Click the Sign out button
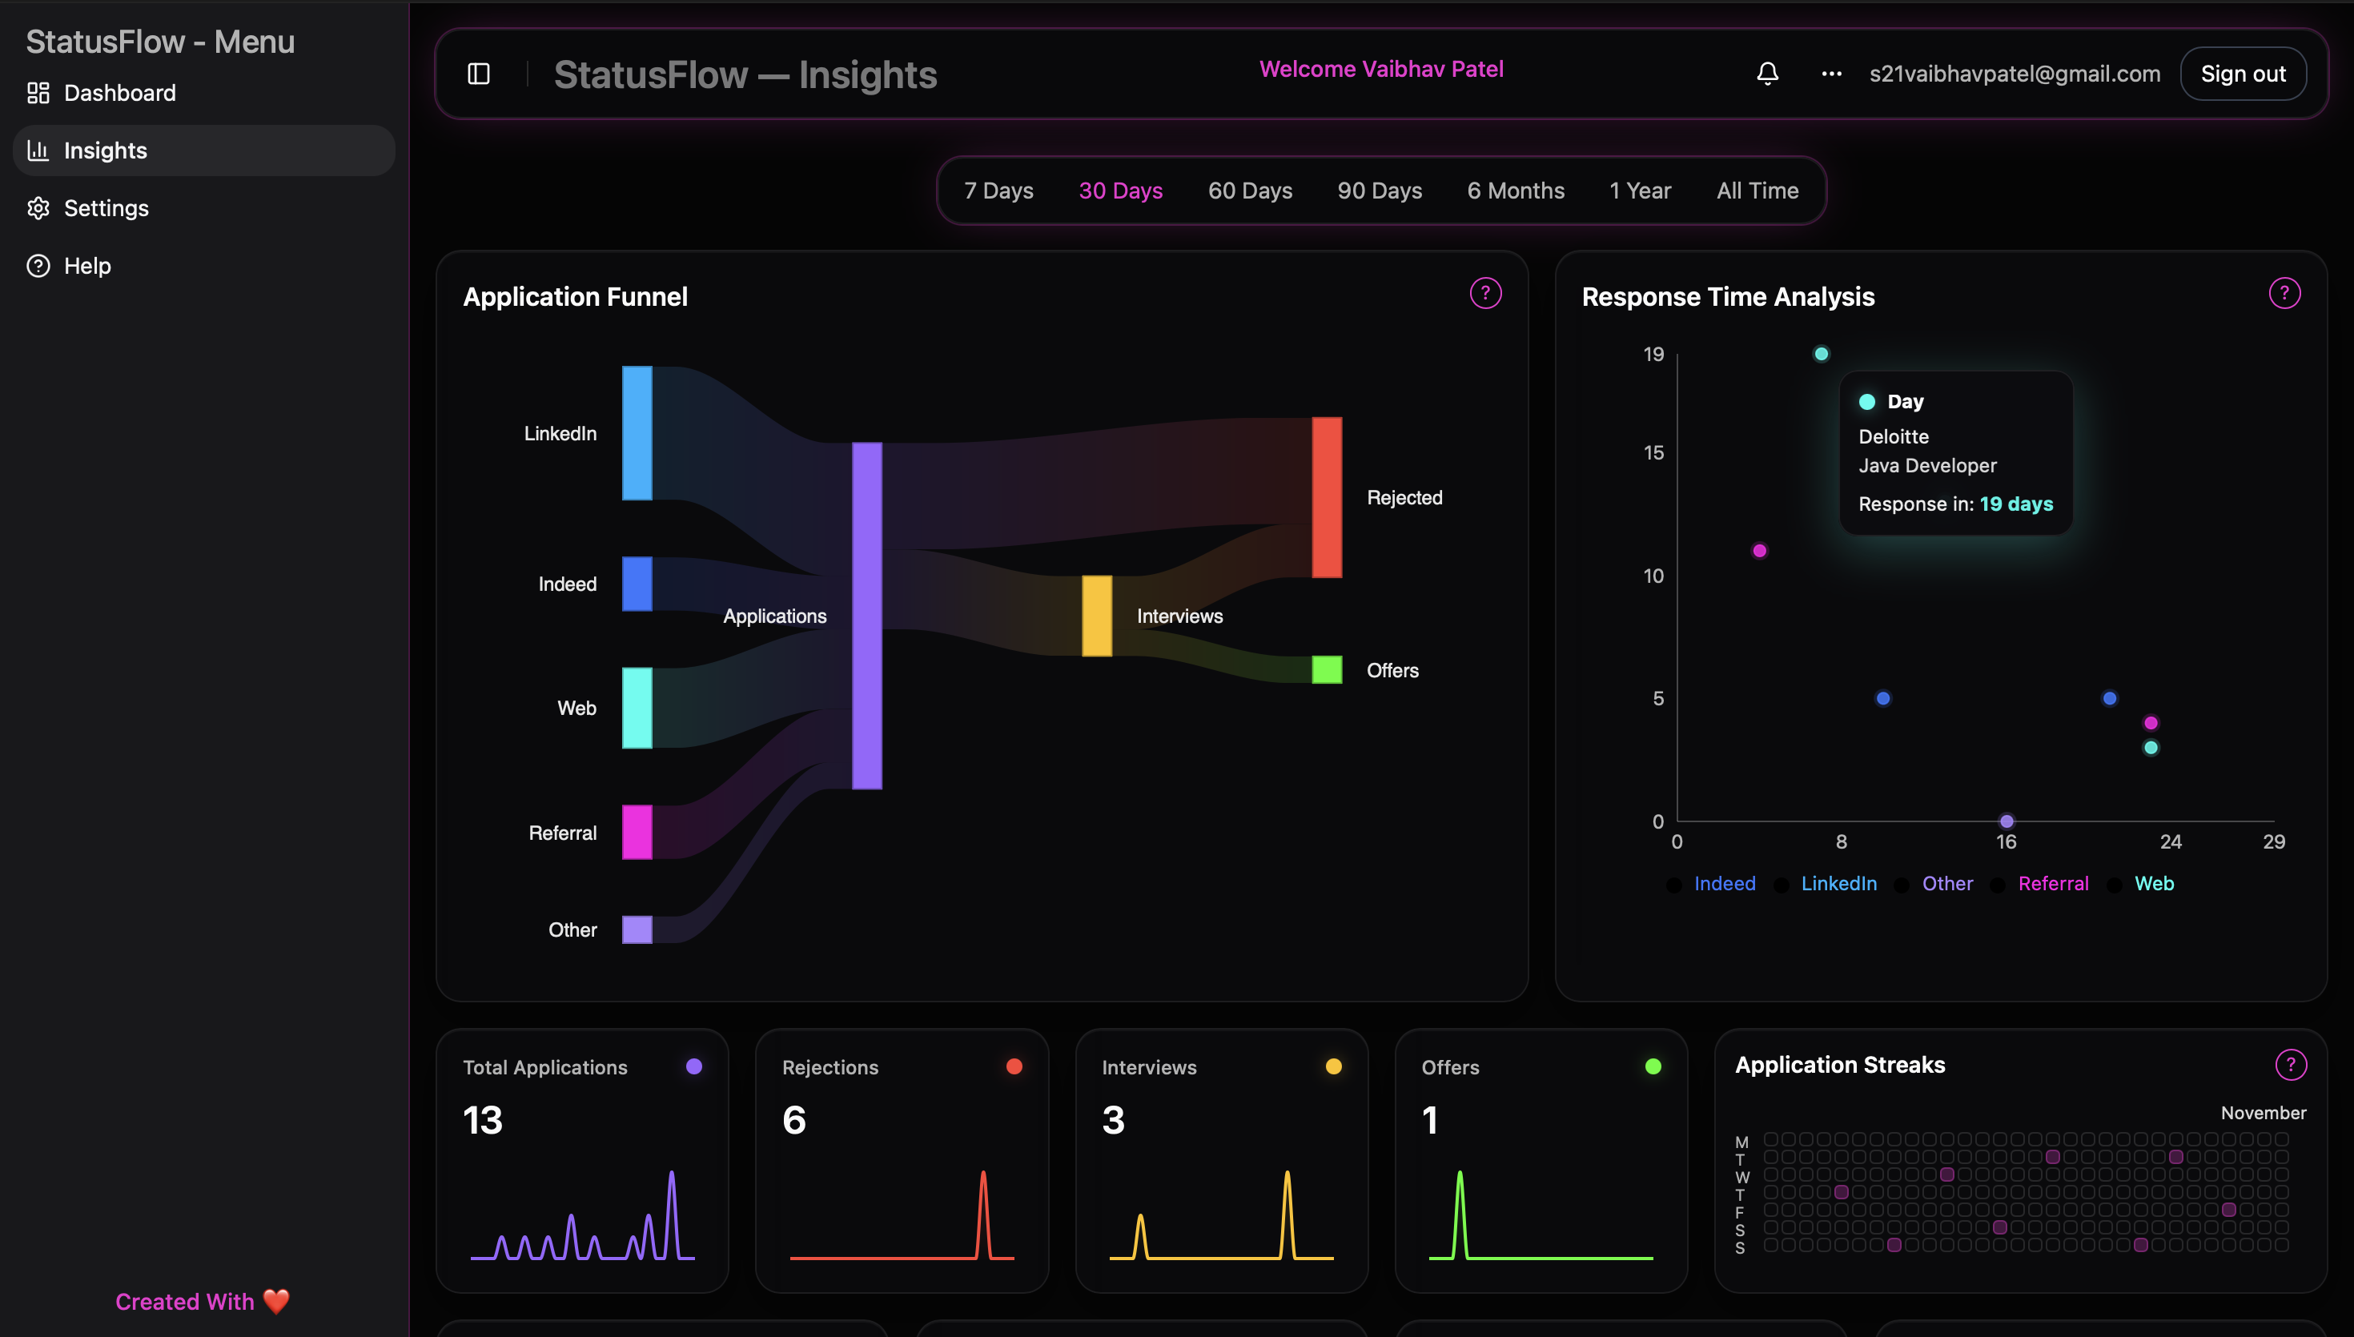(2242, 74)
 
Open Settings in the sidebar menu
(106, 208)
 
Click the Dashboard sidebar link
(119, 93)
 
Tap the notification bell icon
(1767, 74)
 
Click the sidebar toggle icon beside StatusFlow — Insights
(478, 74)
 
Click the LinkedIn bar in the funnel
(637, 432)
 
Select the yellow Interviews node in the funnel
(1096, 615)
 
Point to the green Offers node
(1327, 669)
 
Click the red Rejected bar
(1327, 497)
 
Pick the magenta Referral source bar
(637, 832)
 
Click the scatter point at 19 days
(1822, 354)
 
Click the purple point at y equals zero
(2006, 821)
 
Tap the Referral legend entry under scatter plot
(2053, 883)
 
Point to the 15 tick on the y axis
(1653, 452)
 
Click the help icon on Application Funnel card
(1485, 293)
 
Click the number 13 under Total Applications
(483, 1120)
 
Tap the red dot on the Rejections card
(1014, 1066)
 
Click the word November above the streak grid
(2263, 1113)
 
